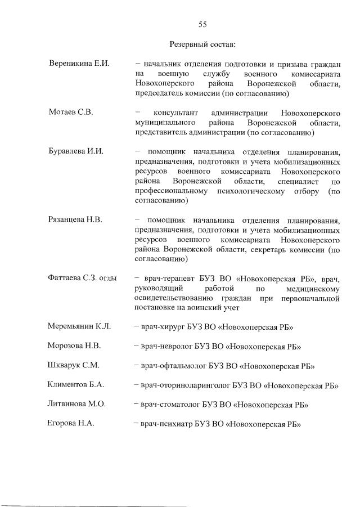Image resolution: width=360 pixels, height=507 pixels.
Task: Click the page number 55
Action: point(203,24)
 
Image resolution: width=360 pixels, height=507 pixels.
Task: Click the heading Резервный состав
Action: point(202,44)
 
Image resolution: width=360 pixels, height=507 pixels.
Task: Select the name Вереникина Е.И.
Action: point(79,64)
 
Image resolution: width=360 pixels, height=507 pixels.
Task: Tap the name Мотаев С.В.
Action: point(70,113)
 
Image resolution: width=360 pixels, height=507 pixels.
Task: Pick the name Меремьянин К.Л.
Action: point(79,326)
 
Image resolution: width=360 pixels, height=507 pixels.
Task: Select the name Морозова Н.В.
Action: point(74,346)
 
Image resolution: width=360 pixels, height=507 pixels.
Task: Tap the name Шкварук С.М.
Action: point(74,365)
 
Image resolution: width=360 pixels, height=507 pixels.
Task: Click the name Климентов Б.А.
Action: point(76,385)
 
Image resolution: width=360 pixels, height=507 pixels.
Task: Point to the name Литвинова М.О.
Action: point(77,404)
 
